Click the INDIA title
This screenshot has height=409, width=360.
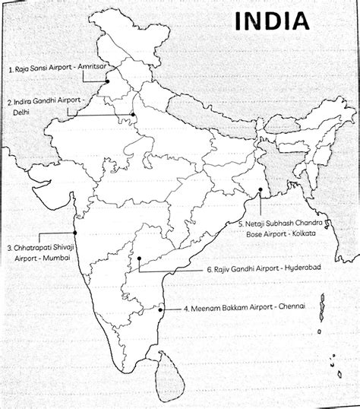coord(273,21)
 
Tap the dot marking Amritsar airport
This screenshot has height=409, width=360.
coord(108,81)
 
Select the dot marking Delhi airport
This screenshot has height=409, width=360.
coord(132,115)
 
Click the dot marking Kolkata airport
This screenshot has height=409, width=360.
coord(260,190)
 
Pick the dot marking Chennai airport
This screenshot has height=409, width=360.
coord(164,308)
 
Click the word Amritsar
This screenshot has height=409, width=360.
coord(90,70)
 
